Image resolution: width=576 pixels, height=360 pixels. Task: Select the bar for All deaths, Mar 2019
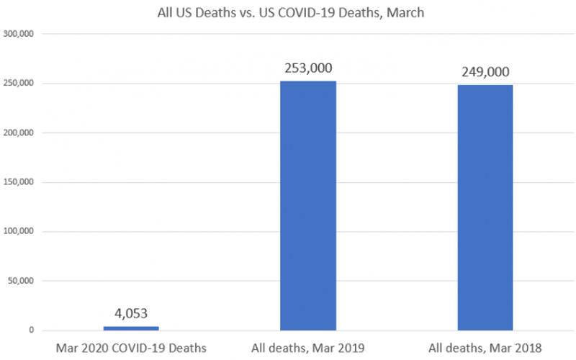(307, 205)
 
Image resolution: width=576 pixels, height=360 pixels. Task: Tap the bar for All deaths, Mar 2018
(485, 207)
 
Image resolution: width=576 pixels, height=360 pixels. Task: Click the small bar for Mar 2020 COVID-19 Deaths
(130, 328)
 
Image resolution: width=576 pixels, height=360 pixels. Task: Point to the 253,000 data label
(307, 69)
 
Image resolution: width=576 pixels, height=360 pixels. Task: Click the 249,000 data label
(485, 72)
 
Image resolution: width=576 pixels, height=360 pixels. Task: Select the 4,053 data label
(130, 314)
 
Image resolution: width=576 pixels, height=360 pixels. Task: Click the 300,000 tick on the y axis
(19, 34)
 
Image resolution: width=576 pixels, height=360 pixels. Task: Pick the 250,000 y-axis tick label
(19, 84)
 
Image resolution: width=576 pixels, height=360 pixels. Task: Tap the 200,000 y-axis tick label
(19, 133)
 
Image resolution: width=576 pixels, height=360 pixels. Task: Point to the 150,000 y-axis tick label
(19, 182)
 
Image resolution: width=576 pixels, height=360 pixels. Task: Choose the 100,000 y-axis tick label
(19, 232)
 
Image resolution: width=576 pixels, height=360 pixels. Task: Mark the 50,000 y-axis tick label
(22, 282)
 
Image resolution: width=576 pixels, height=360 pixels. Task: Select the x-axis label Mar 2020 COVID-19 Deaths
(130, 348)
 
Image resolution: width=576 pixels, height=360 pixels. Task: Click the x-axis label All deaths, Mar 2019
(307, 348)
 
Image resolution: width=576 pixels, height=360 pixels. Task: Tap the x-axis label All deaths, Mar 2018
(485, 348)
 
